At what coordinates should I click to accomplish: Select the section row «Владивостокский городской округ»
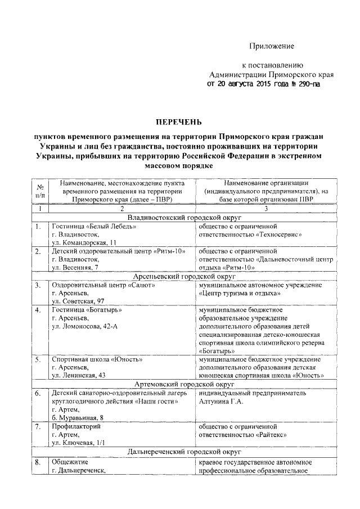[177, 217]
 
